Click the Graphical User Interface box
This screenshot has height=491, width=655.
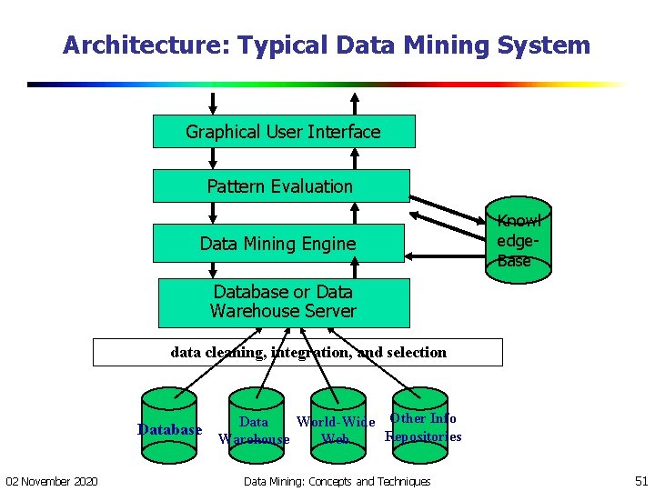283,132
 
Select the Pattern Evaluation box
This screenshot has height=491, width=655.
279,186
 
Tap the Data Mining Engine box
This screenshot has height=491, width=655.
277,243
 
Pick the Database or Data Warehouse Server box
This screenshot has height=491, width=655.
283,302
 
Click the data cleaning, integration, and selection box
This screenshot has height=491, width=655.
297,353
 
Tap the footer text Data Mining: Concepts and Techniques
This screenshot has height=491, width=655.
338,480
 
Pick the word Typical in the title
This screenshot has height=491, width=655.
277,45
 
